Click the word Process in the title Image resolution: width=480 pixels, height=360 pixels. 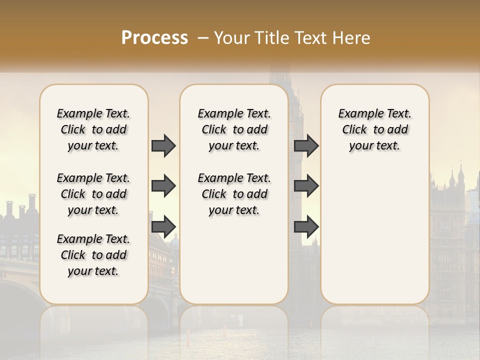click(x=154, y=38)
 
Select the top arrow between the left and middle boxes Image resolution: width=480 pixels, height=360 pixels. click(x=163, y=146)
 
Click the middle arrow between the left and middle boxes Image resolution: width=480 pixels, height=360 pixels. click(x=163, y=186)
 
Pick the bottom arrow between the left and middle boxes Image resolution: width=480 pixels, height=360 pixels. click(x=163, y=226)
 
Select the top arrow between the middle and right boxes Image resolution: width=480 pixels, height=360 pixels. click(x=306, y=146)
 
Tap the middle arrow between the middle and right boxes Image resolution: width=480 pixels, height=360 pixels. click(x=306, y=186)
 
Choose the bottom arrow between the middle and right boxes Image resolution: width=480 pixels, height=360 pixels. click(x=306, y=226)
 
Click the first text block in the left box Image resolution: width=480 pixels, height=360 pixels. click(x=93, y=129)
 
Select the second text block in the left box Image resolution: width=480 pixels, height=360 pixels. click(x=93, y=194)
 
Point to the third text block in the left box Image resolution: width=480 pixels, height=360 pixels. click(x=93, y=255)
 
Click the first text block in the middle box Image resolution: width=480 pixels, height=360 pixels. click(x=234, y=129)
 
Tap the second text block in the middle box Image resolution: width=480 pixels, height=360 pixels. click(x=234, y=194)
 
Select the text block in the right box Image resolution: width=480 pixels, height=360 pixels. click(x=375, y=129)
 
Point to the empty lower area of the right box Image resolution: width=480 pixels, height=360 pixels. click(x=375, y=230)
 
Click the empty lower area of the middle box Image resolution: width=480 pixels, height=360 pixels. click(x=234, y=260)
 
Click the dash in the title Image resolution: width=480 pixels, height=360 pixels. click(x=203, y=38)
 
